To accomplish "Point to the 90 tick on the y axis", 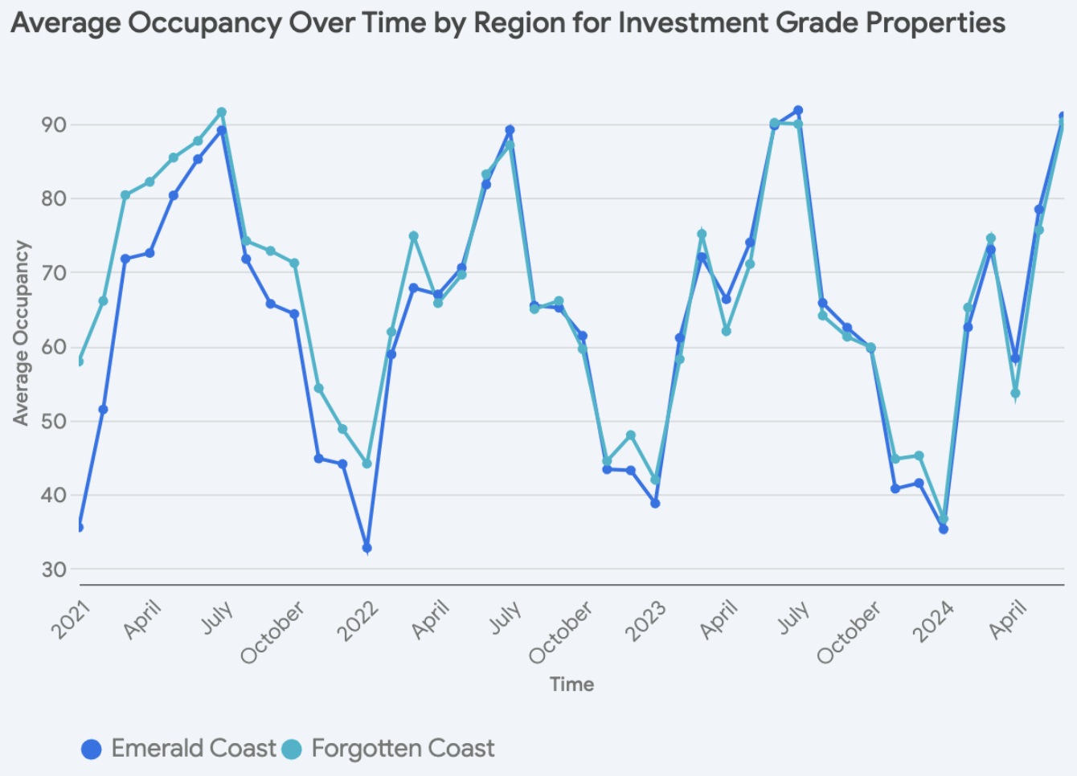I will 54,125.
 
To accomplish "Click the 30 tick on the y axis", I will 54,570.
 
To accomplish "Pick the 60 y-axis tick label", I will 54,347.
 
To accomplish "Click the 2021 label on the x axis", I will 72,620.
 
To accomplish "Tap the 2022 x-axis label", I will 358,621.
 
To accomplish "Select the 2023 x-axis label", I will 646,621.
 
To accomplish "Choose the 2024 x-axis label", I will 934,621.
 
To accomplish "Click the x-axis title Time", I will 571,684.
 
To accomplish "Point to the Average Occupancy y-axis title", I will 21,333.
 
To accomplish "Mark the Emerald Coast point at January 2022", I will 367,548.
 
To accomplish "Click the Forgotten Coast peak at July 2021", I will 222,112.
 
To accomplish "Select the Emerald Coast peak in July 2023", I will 798,110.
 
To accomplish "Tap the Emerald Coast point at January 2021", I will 79,527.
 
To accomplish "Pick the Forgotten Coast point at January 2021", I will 79,361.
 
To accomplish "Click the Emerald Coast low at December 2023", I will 944,529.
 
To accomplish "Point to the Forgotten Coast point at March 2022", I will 414,236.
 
